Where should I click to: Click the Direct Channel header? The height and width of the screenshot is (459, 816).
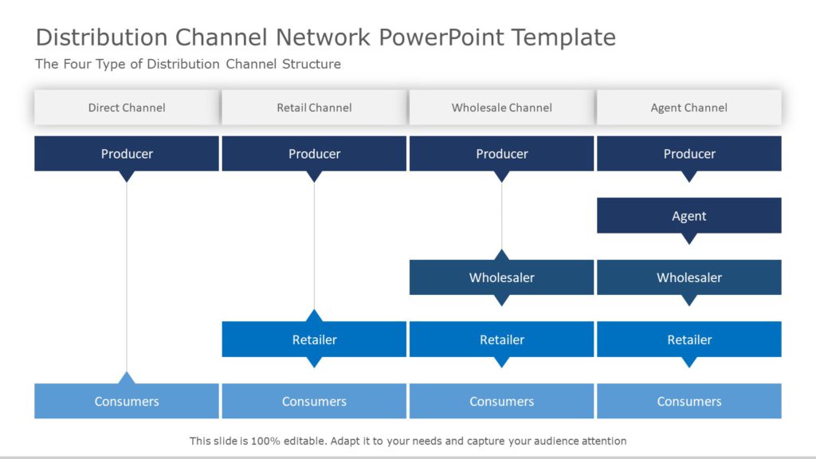(x=127, y=108)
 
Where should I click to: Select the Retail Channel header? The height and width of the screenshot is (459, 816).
(x=314, y=108)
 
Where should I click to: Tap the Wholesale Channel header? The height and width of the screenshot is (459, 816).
(x=501, y=108)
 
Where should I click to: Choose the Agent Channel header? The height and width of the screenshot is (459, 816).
(x=688, y=108)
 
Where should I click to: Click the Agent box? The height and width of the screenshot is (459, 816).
(x=688, y=215)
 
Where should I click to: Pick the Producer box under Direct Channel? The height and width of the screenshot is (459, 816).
(x=127, y=154)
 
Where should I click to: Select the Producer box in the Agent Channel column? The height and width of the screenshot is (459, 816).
(x=688, y=154)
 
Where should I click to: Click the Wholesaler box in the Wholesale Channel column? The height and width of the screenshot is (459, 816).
(x=501, y=277)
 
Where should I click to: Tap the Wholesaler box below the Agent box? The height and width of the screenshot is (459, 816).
(x=688, y=277)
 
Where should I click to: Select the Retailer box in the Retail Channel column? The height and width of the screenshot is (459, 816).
(x=314, y=339)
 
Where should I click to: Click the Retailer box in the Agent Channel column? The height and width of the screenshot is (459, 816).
(x=688, y=339)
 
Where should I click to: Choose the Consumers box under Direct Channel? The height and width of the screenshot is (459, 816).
(x=127, y=402)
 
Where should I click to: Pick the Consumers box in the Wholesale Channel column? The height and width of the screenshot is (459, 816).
(x=501, y=402)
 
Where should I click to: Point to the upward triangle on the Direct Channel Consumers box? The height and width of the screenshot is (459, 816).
(x=127, y=379)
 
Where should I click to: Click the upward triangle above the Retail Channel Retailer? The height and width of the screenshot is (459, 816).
(x=314, y=316)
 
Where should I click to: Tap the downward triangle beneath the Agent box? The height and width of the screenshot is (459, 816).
(x=689, y=238)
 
